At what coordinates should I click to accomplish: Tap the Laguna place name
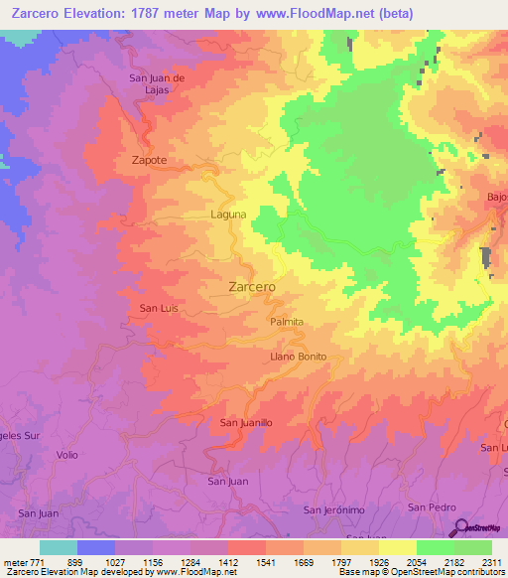(x=228, y=214)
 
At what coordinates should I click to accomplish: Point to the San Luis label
(x=159, y=309)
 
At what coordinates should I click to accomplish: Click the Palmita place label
(x=286, y=323)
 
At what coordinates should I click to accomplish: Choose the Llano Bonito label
(x=298, y=357)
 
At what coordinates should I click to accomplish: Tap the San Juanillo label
(x=245, y=423)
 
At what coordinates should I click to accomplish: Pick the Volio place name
(x=67, y=455)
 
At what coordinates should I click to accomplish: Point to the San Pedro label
(x=432, y=507)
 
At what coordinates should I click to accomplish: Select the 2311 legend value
(x=489, y=562)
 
